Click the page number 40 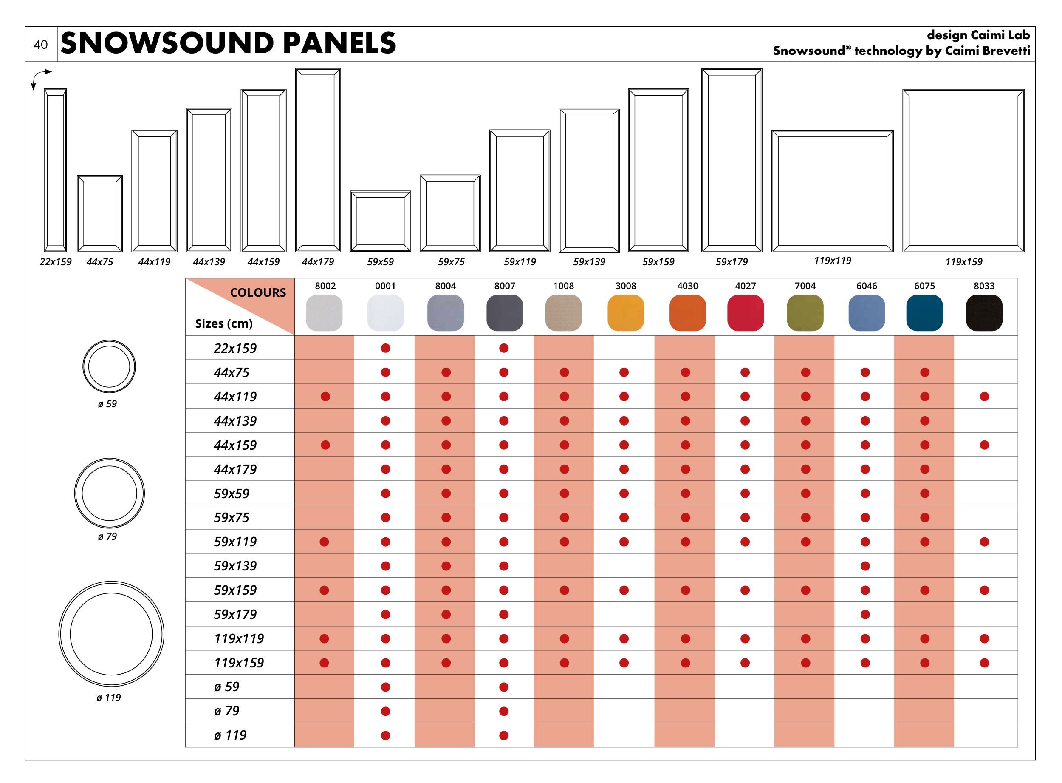click(x=40, y=45)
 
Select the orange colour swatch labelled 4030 click(x=687, y=313)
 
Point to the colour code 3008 click(x=625, y=286)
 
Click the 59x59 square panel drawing click(x=380, y=221)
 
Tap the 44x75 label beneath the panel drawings click(x=99, y=261)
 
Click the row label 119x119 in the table click(x=239, y=638)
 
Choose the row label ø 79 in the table click(x=226, y=711)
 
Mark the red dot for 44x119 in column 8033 click(x=984, y=396)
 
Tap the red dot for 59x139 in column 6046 click(x=865, y=566)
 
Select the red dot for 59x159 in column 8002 click(x=324, y=590)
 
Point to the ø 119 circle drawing click(x=111, y=634)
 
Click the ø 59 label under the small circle click(x=107, y=404)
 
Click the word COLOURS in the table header click(x=258, y=292)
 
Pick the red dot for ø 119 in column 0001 click(x=385, y=735)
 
